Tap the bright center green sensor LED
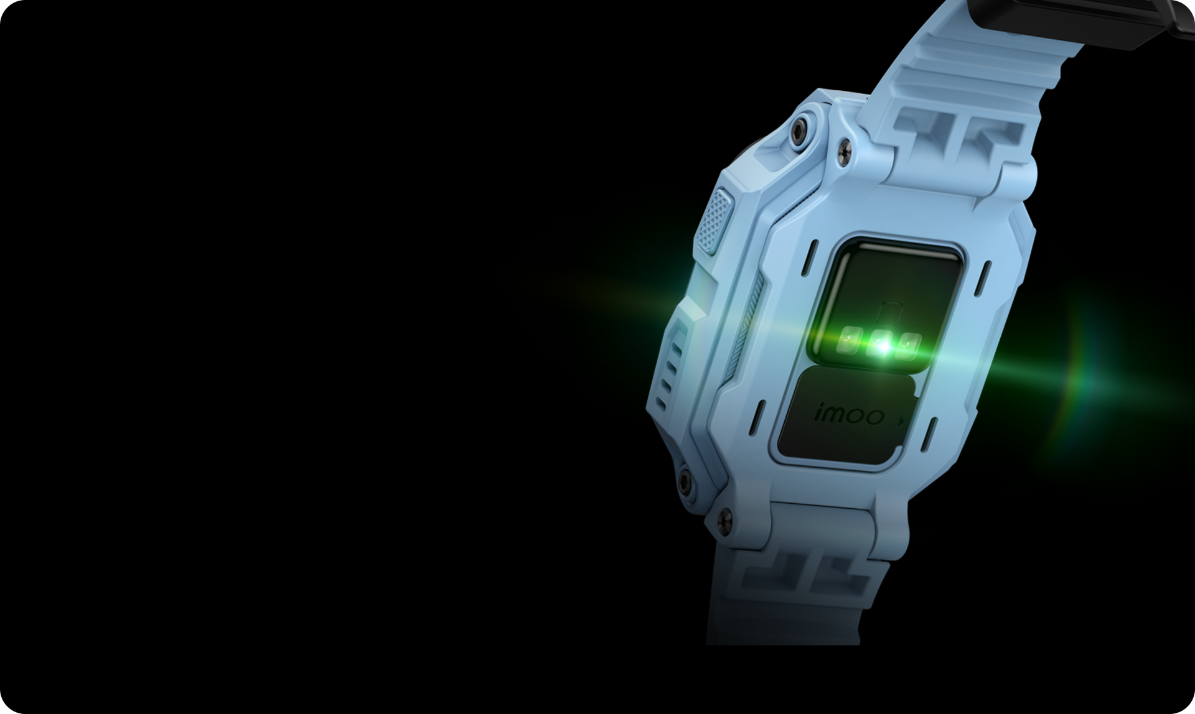(880, 341)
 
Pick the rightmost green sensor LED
(910, 344)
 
